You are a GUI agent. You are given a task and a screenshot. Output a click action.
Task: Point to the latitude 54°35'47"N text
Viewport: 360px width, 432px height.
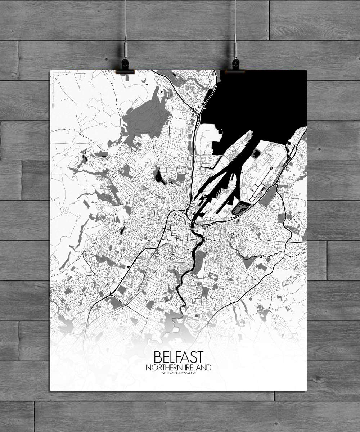tap(170, 373)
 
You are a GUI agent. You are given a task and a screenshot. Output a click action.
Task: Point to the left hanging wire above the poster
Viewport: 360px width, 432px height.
tap(126, 22)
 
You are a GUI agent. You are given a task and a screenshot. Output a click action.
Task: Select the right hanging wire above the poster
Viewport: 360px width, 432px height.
tap(235, 22)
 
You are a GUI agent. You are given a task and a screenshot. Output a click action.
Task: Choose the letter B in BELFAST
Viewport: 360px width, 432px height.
tap(158, 357)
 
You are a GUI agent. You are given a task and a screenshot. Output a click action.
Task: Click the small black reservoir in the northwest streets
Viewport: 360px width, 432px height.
tap(158, 176)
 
